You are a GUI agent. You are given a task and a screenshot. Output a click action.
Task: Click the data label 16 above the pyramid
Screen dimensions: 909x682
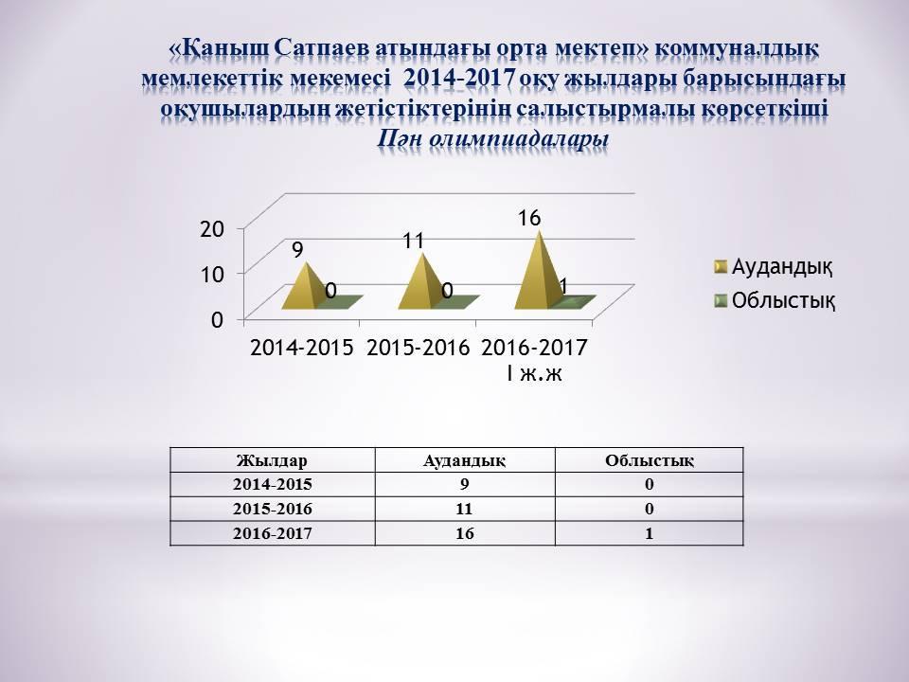pos(529,218)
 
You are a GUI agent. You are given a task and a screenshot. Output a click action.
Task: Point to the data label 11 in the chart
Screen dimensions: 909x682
pos(414,240)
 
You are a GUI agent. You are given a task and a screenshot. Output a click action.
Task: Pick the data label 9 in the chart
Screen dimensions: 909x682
pos(296,250)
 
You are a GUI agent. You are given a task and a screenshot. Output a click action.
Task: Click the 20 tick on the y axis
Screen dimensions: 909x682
pos(211,229)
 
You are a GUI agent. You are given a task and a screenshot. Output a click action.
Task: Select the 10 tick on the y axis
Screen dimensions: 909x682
pos(211,275)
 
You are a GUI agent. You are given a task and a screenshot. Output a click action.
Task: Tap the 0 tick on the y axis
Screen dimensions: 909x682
pos(218,319)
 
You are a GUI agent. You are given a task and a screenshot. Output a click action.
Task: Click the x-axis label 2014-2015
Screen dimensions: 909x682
pos(301,348)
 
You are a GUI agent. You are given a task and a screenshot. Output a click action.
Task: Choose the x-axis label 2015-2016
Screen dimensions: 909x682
pos(418,348)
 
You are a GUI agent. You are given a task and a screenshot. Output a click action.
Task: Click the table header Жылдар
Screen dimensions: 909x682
pos(272,460)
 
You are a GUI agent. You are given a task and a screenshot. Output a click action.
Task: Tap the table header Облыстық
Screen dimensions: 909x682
pos(650,460)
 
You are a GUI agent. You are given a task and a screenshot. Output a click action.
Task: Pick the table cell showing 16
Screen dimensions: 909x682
pos(465,533)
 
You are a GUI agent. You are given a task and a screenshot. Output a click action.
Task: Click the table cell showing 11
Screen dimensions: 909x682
pos(464,509)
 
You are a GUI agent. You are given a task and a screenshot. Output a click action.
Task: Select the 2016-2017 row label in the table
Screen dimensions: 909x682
pos(273,533)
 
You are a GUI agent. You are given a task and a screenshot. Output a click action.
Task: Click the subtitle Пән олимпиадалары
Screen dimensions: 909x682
pos(492,140)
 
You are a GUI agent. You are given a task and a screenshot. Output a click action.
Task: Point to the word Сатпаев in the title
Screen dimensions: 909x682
pos(321,50)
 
